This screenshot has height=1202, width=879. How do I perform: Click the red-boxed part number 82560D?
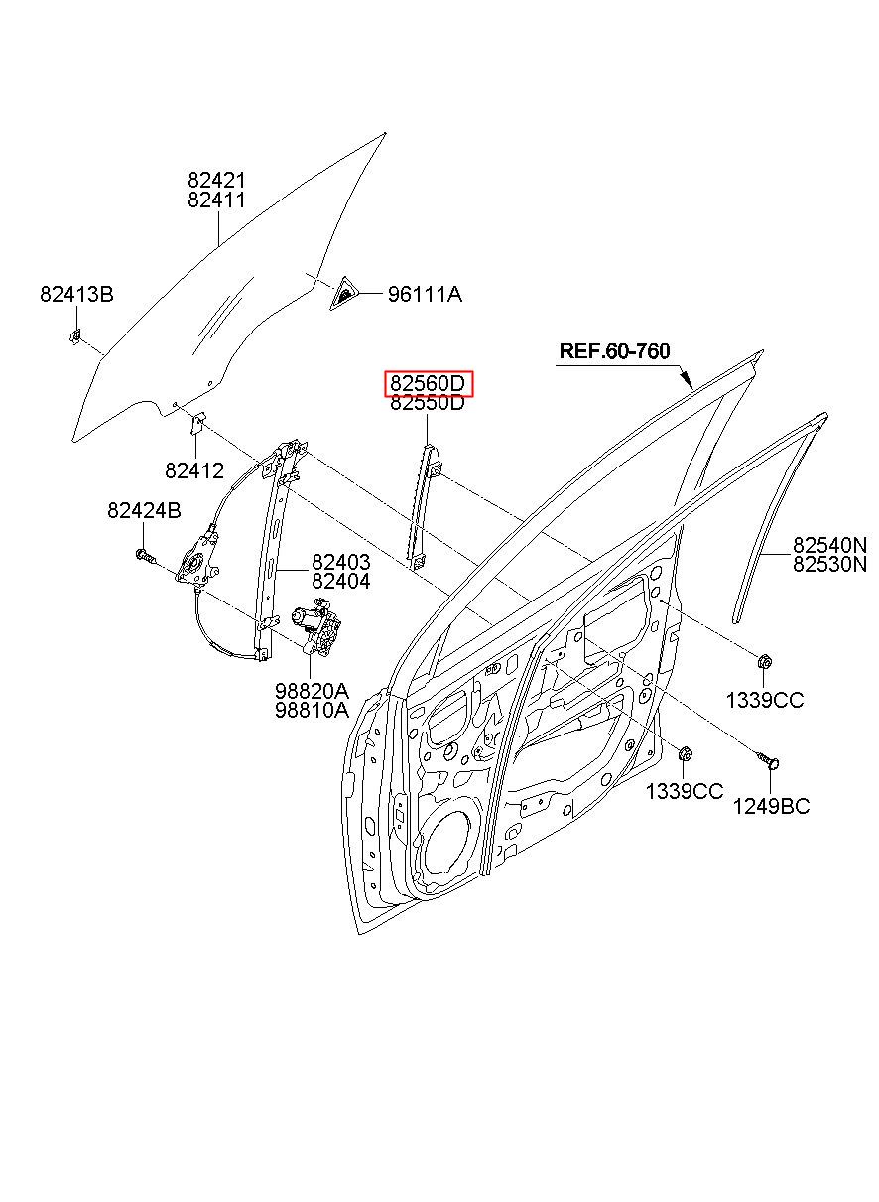[427, 384]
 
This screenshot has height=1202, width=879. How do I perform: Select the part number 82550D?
[427, 402]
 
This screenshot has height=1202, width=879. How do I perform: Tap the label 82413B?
[76, 294]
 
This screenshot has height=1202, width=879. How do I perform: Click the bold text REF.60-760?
[614, 351]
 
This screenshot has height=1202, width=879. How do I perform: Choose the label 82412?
[194, 470]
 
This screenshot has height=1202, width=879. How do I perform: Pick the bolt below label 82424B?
[146, 556]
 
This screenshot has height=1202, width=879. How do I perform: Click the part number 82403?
[341, 562]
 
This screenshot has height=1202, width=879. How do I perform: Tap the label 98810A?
[312, 710]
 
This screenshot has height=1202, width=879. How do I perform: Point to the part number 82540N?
[829, 545]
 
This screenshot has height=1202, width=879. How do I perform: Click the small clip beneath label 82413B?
[74, 336]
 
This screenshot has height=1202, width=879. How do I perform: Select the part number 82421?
[216, 180]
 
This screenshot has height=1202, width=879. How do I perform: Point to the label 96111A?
[425, 294]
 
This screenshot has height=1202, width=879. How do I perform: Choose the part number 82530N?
[829, 565]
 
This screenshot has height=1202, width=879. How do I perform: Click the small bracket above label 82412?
[197, 424]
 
